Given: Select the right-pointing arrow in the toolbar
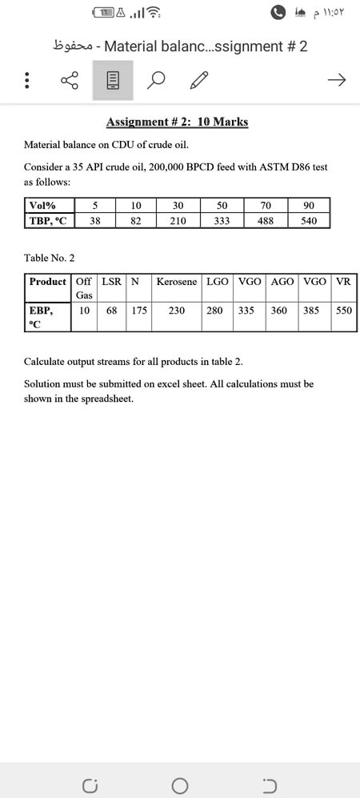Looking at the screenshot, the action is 337,80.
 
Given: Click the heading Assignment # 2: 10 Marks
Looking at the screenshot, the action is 177,122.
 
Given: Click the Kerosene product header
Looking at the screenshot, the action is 176,282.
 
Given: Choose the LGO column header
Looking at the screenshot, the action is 217,282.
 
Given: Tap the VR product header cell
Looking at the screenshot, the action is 343,282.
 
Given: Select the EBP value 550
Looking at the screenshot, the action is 343,311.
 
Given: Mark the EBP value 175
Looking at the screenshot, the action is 139,311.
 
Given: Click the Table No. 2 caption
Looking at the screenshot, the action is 50,258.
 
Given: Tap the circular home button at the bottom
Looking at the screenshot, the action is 180,784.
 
